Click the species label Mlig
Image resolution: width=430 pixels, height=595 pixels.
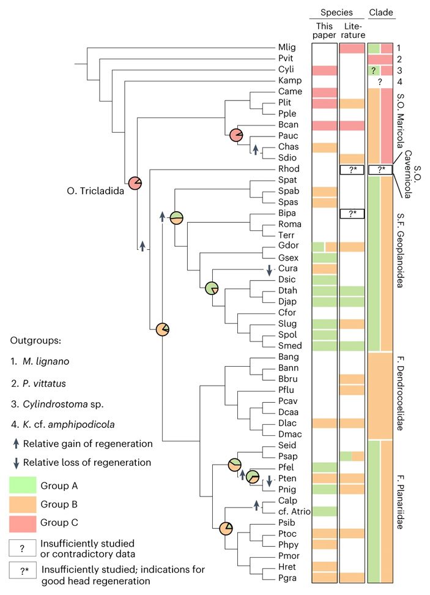coord(286,48)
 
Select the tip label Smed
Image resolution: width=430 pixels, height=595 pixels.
coord(287,345)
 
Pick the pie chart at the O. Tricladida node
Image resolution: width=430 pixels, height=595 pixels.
coord(135,182)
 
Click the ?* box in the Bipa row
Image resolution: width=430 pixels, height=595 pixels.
coord(352,214)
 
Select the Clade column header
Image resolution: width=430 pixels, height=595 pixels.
coord(380,12)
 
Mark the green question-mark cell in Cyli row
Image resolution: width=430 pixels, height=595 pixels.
coord(373,70)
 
